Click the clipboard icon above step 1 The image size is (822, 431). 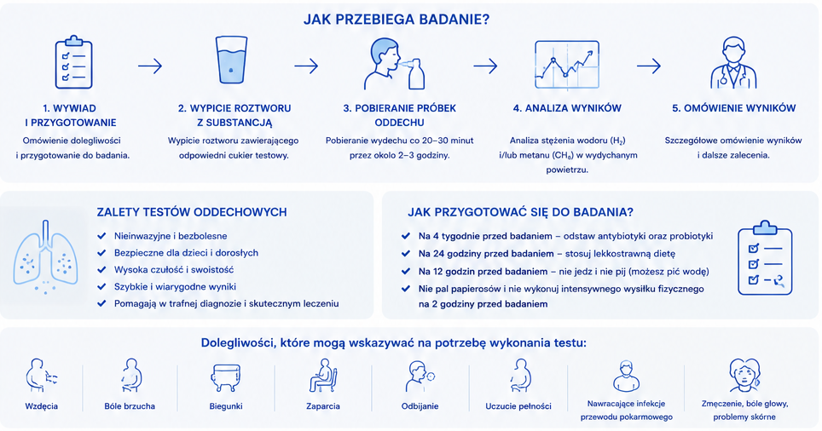coord(74,62)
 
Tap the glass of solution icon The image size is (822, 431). coord(231,60)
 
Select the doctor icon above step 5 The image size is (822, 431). coord(733,62)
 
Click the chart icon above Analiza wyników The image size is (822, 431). coord(567,65)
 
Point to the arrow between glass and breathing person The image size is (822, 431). coord(306,66)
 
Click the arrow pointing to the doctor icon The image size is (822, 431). coord(649,66)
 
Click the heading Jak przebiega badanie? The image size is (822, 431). coord(397,20)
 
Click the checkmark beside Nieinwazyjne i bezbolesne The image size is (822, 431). coord(102,236)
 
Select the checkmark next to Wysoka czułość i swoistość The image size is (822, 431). coord(102,270)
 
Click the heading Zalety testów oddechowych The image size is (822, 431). coord(192,212)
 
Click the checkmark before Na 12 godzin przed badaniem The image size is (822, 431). coord(406,271)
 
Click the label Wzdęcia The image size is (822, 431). coord(42,405)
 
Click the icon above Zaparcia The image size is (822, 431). coord(323,376)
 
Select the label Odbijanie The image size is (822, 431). coord(420,405)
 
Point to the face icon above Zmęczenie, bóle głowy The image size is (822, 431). coord(744,375)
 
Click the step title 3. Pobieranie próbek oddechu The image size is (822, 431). coord(399,115)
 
